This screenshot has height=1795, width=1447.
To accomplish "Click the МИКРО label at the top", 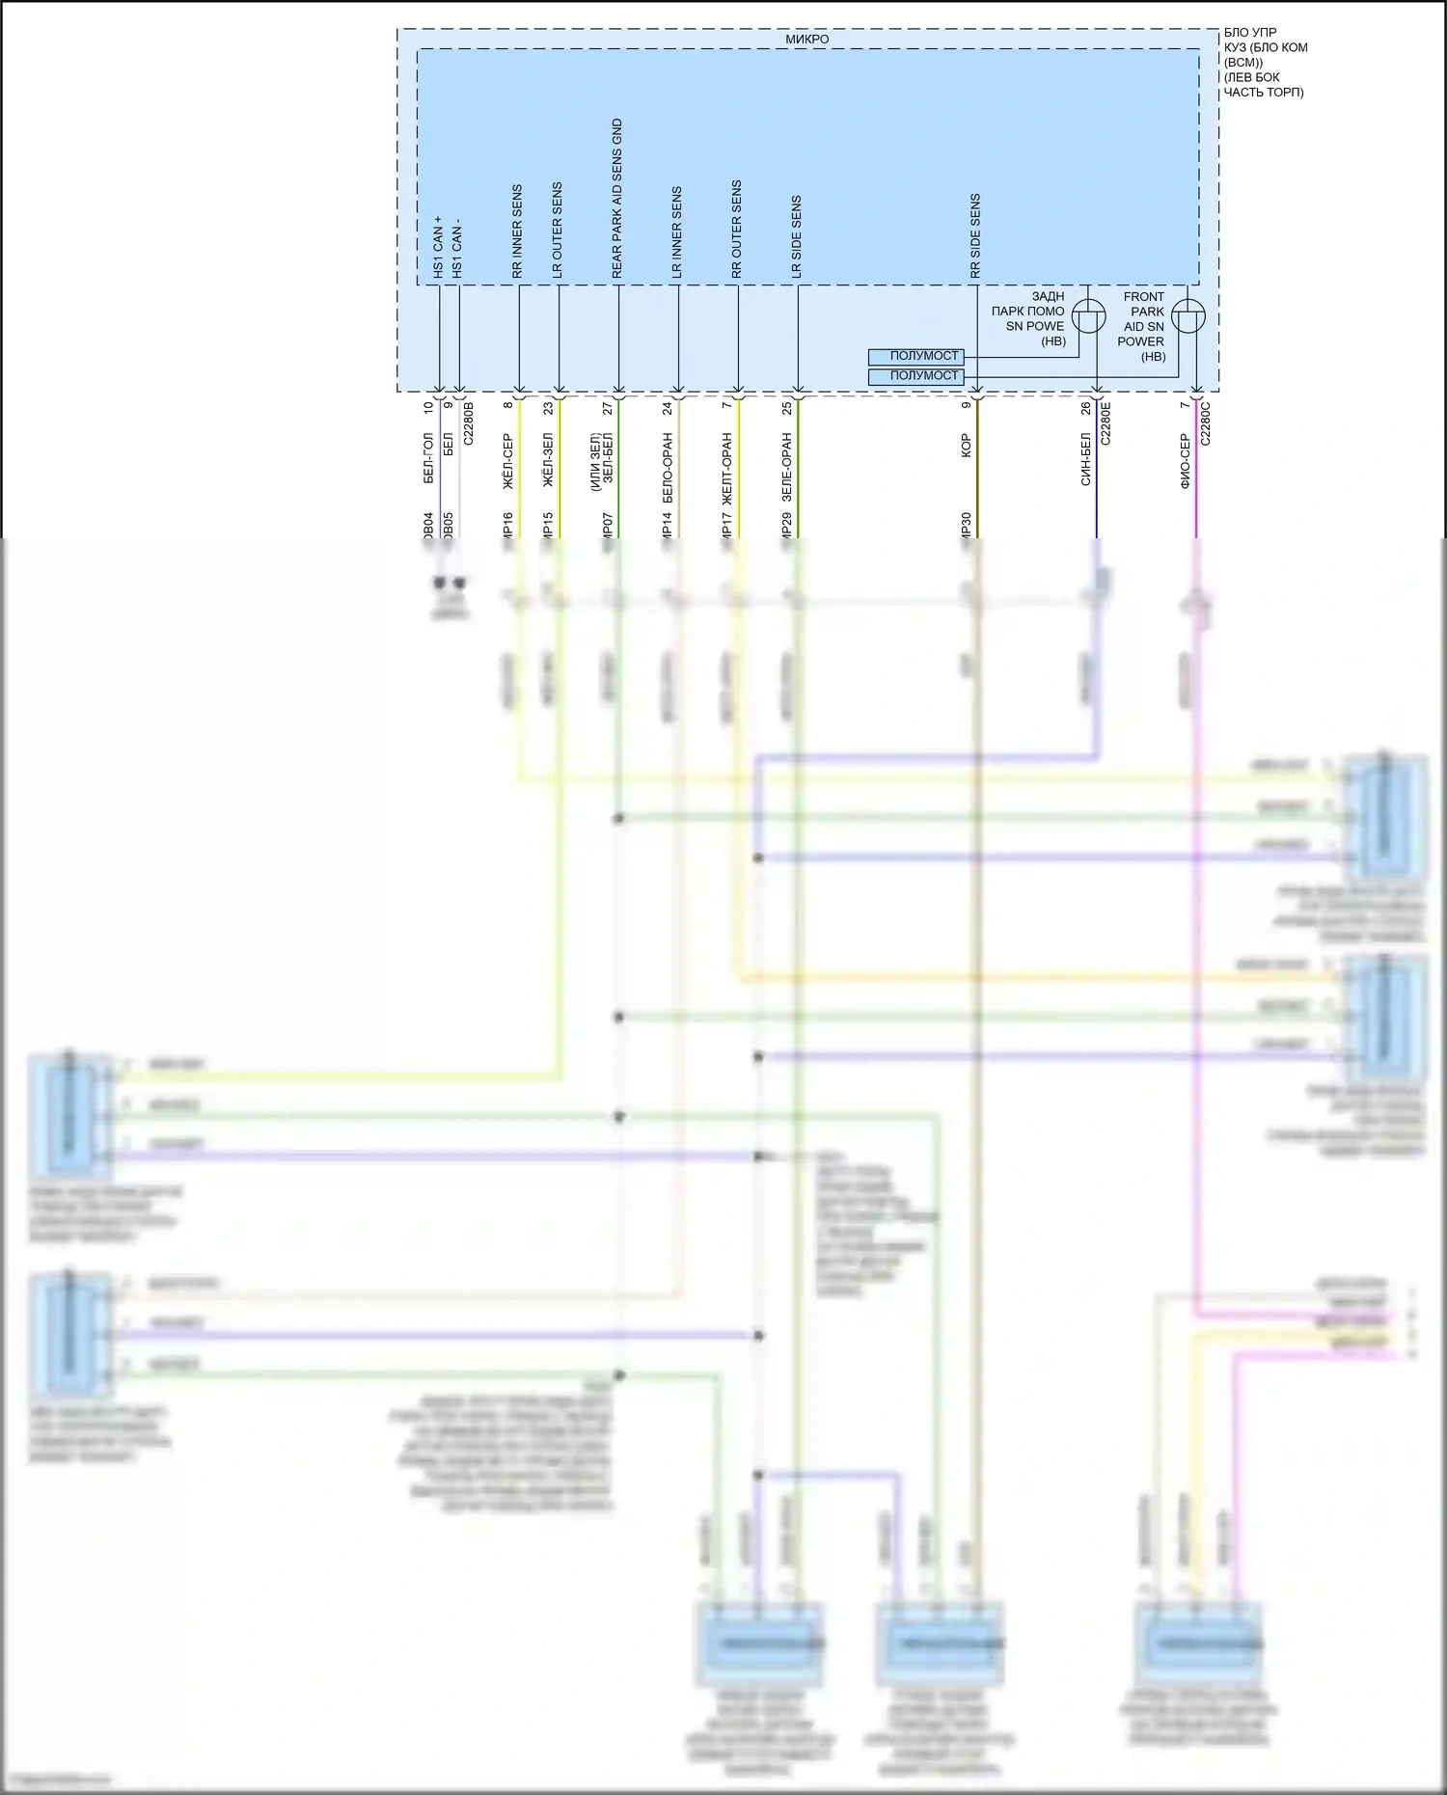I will pyautogui.click(x=806, y=40).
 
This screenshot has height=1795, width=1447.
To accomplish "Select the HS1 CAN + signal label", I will pyautogui.click(x=437, y=248).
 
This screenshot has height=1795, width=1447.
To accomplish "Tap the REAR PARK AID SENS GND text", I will pyautogui.click(x=617, y=199).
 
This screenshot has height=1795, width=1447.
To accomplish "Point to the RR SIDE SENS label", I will pyautogui.click(x=975, y=237).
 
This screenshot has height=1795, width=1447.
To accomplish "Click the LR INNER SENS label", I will pyautogui.click(x=677, y=233).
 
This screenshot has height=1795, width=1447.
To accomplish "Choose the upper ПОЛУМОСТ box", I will pyautogui.click(x=915, y=357).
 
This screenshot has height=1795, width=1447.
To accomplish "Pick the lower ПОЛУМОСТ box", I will pyautogui.click(x=915, y=376).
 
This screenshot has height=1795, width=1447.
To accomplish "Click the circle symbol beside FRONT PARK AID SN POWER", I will pyautogui.click(x=1188, y=316).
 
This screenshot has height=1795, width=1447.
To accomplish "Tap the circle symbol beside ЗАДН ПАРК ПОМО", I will pyautogui.click(x=1089, y=316).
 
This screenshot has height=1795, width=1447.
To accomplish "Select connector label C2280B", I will pyautogui.click(x=469, y=423).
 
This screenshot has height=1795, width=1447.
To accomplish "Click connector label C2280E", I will pyautogui.click(x=1106, y=423).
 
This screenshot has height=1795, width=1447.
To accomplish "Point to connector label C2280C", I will pyautogui.click(x=1205, y=423).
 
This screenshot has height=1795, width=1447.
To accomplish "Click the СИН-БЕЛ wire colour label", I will pyautogui.click(x=1086, y=459).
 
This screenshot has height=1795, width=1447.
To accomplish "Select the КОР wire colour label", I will pyautogui.click(x=966, y=446).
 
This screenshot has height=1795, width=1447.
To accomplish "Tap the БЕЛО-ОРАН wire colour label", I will pyautogui.click(x=668, y=469).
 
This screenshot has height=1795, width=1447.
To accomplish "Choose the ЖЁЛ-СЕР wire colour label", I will pyautogui.click(x=508, y=461).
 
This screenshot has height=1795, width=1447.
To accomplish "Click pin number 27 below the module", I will pyautogui.click(x=608, y=409).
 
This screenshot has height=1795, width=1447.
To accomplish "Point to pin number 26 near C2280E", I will pyautogui.click(x=1086, y=409).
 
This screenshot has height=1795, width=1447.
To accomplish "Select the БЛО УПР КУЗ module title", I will pyautogui.click(x=1265, y=62).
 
